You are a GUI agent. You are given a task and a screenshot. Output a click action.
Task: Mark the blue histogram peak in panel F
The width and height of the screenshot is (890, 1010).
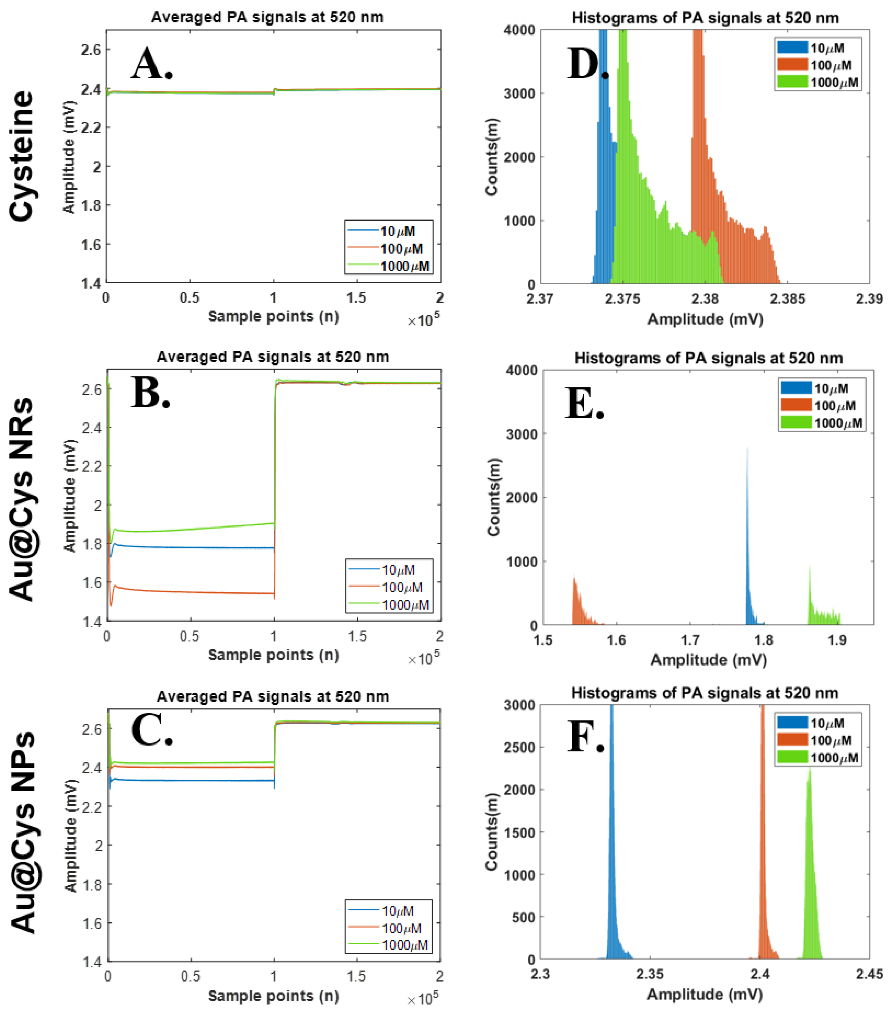(611, 840)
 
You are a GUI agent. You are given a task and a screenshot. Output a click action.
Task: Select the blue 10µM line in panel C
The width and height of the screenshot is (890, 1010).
(197, 781)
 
